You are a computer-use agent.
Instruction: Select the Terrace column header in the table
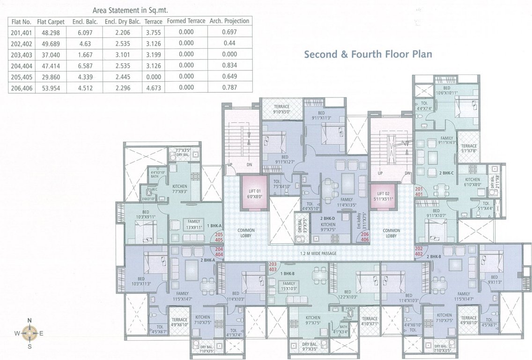(153, 22)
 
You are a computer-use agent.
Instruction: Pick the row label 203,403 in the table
(21, 54)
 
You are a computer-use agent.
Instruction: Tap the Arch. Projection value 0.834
(229, 65)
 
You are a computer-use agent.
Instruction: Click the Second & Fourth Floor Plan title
(368, 54)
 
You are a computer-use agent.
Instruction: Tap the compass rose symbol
(30, 333)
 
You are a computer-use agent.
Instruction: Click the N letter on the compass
(30, 321)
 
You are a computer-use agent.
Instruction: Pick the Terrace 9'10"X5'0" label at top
(281, 109)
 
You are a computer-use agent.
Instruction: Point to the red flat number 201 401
(418, 191)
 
